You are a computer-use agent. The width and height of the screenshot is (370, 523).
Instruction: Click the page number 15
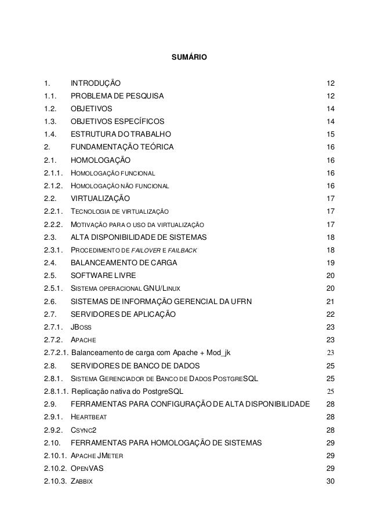point(331,134)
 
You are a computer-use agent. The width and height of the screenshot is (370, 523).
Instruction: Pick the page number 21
point(331,301)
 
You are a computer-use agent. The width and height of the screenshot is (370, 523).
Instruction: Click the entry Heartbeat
point(88,416)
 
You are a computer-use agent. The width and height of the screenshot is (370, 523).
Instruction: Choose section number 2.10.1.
point(55,455)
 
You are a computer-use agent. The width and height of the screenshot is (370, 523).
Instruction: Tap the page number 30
point(331,481)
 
